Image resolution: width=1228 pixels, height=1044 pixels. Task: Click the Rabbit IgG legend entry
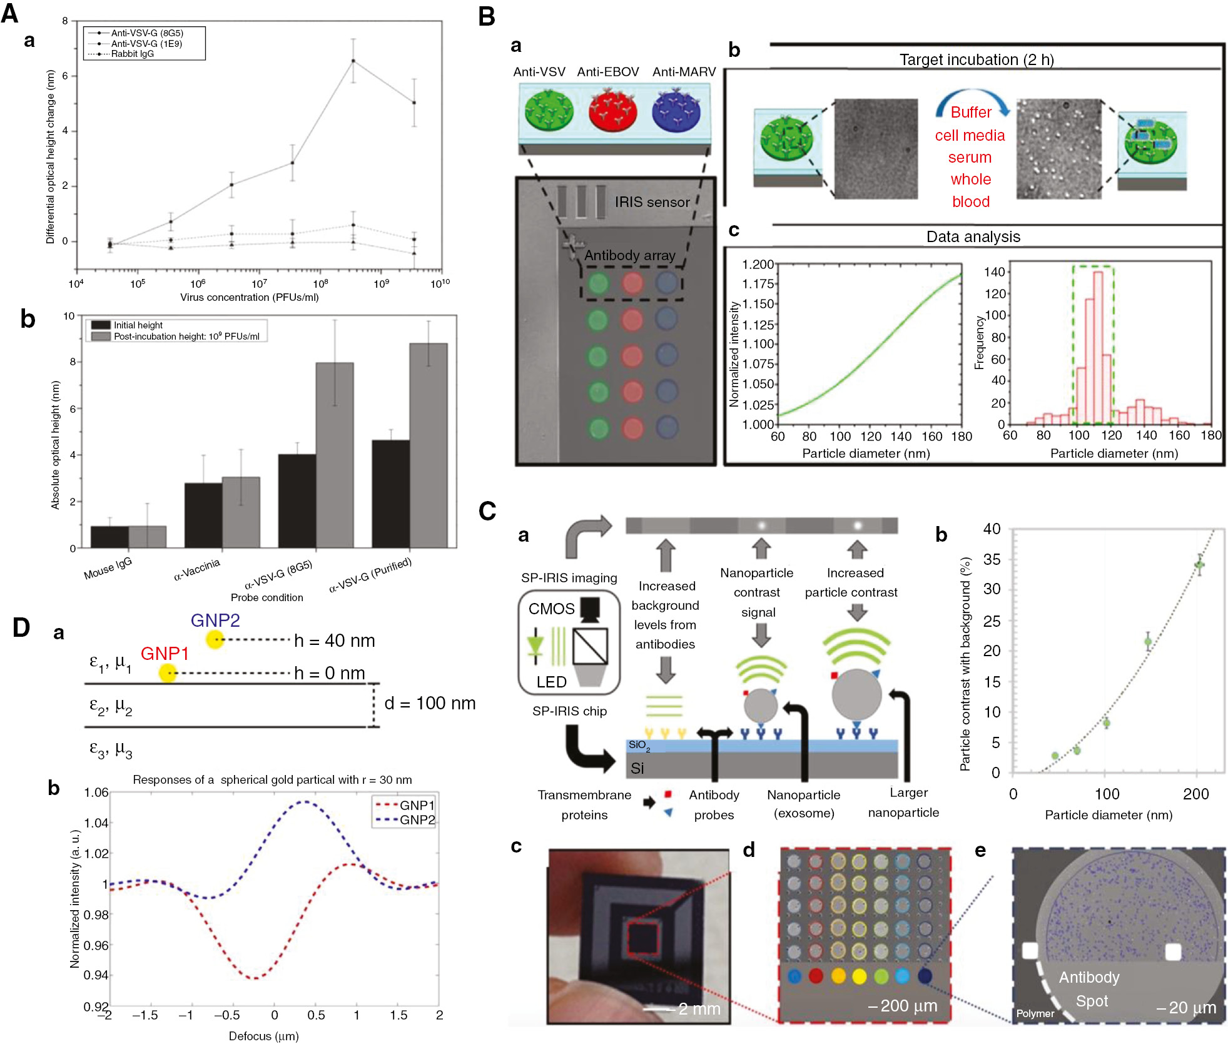pyautogui.click(x=132, y=54)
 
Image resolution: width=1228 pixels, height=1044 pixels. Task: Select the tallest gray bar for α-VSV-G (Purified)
pyautogui.click(x=429, y=445)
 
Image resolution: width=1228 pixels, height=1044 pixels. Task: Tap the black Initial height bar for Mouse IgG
pyautogui.click(x=109, y=537)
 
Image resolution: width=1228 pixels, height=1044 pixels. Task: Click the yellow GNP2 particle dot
pyautogui.click(x=215, y=639)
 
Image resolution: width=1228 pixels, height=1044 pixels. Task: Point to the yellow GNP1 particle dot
pyautogui.click(x=168, y=673)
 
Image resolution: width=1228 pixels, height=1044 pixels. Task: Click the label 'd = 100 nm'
pyautogui.click(x=430, y=703)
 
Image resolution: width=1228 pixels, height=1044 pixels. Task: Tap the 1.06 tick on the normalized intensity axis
pyautogui.click(x=96, y=793)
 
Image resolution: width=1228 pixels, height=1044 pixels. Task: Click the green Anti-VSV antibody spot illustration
pyautogui.click(x=549, y=110)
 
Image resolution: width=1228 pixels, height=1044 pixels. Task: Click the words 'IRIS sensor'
pyautogui.click(x=652, y=202)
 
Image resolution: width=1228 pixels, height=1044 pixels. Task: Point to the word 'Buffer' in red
pyautogui.click(x=971, y=113)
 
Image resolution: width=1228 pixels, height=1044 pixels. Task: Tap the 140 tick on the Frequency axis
pyautogui.click(x=994, y=272)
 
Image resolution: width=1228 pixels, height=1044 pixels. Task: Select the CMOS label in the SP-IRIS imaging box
pyautogui.click(x=551, y=609)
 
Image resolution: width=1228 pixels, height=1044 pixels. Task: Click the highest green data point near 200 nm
pyautogui.click(x=1199, y=565)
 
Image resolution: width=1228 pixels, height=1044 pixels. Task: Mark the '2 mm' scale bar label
pyautogui.click(x=699, y=1008)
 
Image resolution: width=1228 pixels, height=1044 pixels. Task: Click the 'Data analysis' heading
pyautogui.click(x=973, y=236)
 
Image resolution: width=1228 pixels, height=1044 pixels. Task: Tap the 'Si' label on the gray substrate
pyautogui.click(x=637, y=768)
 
